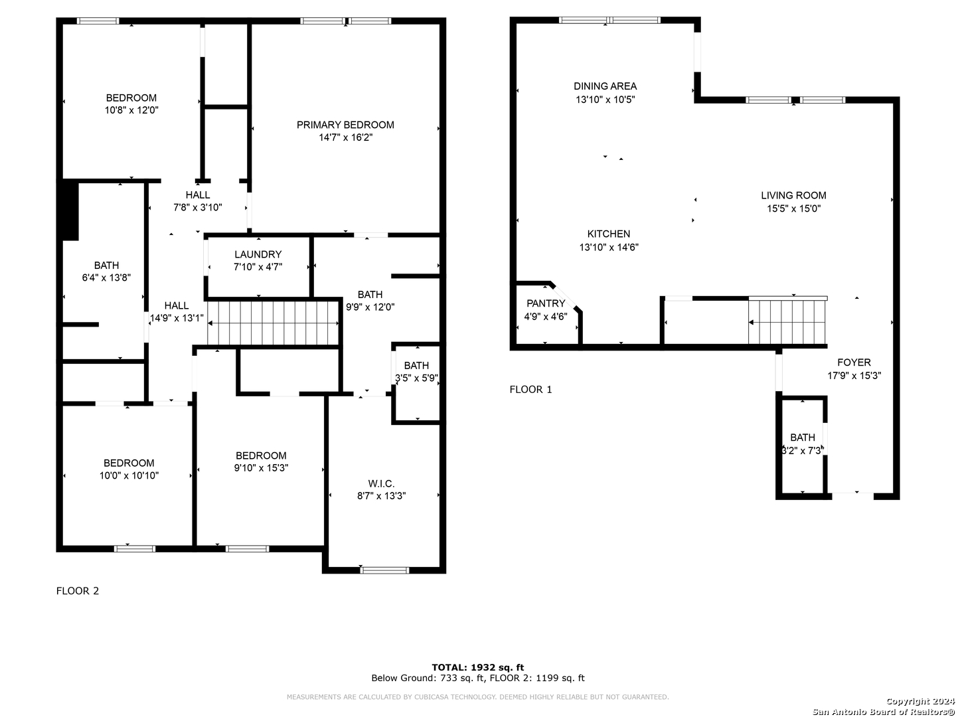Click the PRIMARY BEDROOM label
[x=345, y=125]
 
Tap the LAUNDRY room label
[x=258, y=254]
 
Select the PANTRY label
[x=545, y=303]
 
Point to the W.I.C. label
[x=381, y=483]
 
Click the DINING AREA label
[x=605, y=86]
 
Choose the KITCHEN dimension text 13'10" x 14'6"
[x=608, y=247]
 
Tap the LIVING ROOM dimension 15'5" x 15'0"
[x=793, y=208]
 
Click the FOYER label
[x=854, y=362]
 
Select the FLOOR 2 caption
[x=78, y=591]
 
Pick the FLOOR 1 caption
[x=530, y=389]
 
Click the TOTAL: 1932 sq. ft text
[x=478, y=667]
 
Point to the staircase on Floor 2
[x=273, y=323]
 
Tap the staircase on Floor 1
[x=787, y=322]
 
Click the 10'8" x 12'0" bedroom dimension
[x=131, y=110]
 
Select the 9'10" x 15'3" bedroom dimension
[x=261, y=467]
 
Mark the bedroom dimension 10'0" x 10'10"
[x=129, y=475]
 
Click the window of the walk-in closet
[x=384, y=570]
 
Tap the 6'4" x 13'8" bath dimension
[x=106, y=278]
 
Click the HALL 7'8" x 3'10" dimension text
[x=198, y=207]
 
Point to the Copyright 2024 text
[x=920, y=701]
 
